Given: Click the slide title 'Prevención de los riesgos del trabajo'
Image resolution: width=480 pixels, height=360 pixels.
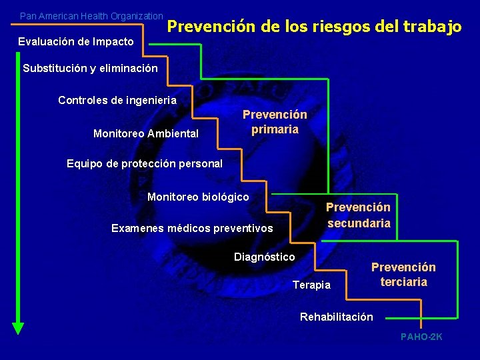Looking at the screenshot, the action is coord(314,27).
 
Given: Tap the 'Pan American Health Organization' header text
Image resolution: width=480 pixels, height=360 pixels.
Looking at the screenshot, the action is coord(91,15).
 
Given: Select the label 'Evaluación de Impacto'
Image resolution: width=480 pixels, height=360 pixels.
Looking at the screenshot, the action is coord(75,42).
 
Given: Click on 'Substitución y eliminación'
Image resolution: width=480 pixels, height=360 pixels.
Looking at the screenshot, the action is coord(90,68).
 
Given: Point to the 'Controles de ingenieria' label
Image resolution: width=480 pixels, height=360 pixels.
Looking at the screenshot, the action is coord(117,101).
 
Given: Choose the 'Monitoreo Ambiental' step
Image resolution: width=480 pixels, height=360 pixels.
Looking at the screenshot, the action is coord(146,134).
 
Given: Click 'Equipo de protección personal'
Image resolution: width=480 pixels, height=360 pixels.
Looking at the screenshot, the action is coord(145,163).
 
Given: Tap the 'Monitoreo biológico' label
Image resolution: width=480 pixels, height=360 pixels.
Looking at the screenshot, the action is coord(198,197).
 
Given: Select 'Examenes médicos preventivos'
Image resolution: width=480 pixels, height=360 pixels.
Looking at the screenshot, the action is coord(192,229).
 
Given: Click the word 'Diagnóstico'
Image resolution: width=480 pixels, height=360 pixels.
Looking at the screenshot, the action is coord(264,257).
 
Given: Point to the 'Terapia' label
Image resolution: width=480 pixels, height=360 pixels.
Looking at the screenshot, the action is coord(311,285).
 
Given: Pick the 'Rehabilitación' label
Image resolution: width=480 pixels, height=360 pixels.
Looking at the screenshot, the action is coord(337,317).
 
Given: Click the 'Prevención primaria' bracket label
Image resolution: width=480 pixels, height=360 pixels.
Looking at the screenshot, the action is coord(275,122).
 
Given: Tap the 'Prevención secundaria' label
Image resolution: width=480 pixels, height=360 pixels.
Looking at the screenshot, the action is coord(359,215).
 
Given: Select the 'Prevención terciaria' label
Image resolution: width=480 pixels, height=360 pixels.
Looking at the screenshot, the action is coord(403,275).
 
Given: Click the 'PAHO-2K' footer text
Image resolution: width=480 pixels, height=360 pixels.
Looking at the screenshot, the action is coord(421,337).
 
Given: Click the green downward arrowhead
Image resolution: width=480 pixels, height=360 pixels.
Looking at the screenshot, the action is coord(18,327).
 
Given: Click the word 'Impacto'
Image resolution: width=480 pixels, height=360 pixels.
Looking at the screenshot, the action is coord(113,42).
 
